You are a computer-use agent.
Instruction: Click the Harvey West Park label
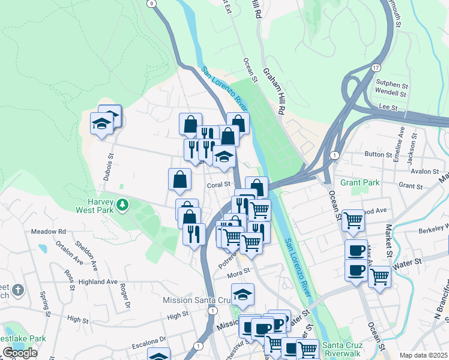point(91,205)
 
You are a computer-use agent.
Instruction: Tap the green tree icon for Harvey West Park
point(122,205)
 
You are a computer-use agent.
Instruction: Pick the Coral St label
point(220,185)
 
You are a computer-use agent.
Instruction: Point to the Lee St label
point(387,106)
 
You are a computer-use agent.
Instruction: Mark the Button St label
point(378,154)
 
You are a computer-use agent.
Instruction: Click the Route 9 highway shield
point(151,3)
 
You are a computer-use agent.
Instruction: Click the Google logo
point(20,352)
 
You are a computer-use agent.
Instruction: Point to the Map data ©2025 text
point(424,355)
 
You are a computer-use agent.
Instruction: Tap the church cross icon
point(18,290)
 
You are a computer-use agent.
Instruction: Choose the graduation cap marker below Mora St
point(243,295)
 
